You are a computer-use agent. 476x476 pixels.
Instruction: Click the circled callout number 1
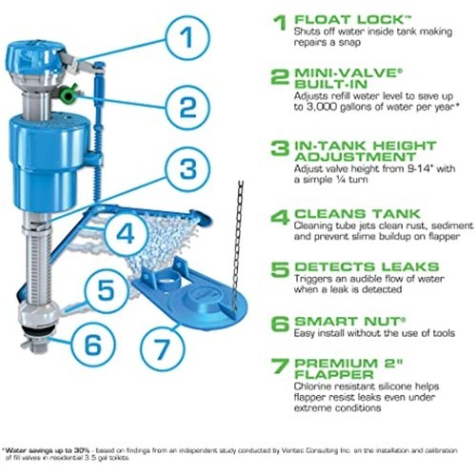(188, 38)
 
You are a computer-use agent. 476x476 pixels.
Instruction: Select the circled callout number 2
(188, 108)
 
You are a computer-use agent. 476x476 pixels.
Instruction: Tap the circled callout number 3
(188, 169)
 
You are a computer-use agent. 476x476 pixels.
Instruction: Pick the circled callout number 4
(126, 234)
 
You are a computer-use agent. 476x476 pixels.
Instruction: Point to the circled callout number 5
(106, 290)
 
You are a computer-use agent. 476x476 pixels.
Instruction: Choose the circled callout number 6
(93, 345)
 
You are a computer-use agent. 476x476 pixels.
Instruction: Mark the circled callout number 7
(163, 348)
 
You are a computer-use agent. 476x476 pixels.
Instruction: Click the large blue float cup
(49, 162)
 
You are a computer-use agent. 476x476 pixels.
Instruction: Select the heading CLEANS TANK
(357, 213)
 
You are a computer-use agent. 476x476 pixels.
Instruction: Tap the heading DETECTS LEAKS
(367, 267)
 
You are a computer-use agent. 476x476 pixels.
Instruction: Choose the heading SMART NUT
(349, 321)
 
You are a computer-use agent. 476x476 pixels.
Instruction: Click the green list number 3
(280, 149)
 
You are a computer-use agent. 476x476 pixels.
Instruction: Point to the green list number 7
(280, 366)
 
